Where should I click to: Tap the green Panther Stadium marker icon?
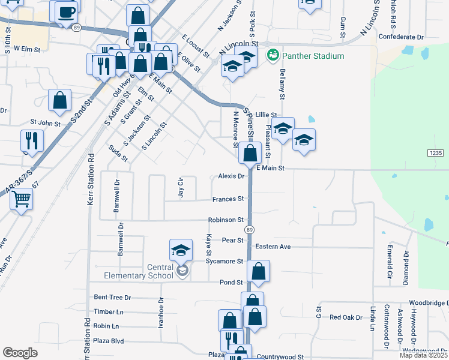tap(273, 55)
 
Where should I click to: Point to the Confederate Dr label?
tap(401, 37)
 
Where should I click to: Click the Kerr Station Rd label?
tap(91, 180)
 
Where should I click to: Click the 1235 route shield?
tap(436, 154)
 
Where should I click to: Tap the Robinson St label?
tap(226, 220)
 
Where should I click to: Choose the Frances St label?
tap(228, 199)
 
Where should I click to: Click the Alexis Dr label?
tap(231, 176)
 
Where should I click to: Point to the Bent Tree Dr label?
tap(112, 297)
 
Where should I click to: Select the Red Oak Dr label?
tap(346, 317)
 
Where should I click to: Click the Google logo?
tap(20, 353)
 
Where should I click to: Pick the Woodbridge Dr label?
tap(429, 303)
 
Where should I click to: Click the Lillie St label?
tap(266, 115)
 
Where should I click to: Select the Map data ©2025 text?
tap(423, 355)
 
